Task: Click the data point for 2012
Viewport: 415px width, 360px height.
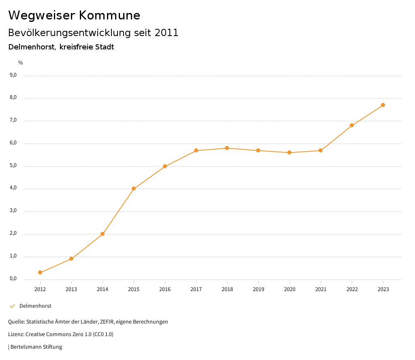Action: (40, 272)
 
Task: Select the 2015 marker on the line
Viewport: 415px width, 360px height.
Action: (134, 189)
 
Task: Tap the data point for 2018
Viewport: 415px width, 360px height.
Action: (227, 148)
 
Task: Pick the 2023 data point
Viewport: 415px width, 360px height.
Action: (383, 105)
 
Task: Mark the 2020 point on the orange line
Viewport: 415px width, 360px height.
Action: (289, 152)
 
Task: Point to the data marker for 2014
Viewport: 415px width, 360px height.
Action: (103, 234)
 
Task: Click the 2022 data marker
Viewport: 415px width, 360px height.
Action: (352, 125)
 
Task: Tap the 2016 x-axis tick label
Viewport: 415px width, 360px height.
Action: (165, 289)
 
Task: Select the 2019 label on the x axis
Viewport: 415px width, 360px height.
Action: (258, 289)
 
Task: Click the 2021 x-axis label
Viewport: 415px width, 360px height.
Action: (321, 289)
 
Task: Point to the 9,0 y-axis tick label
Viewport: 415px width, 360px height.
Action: (13, 75)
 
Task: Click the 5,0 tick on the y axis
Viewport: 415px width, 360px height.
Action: (13, 165)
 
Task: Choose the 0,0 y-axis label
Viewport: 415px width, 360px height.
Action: (13, 279)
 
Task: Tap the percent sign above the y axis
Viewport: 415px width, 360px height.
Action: (21, 63)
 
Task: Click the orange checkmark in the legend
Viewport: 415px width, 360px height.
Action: (12, 306)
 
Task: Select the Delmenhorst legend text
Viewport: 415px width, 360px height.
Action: (35, 306)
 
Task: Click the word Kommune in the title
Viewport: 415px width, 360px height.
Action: (109, 15)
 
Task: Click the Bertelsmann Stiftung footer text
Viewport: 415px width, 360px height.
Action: (36, 347)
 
